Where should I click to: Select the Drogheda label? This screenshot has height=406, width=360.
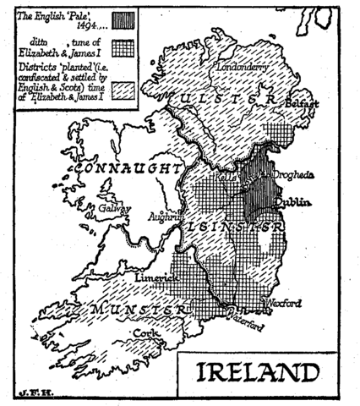292,174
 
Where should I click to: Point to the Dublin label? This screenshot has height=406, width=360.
293,202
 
